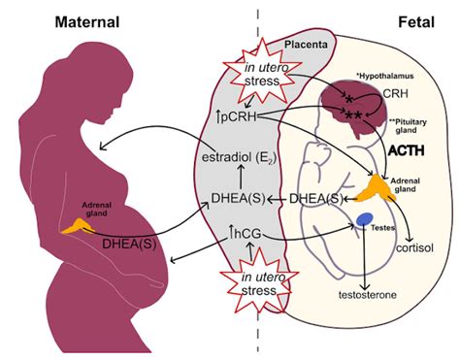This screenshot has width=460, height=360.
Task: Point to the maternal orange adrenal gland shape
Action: [x=73, y=226]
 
